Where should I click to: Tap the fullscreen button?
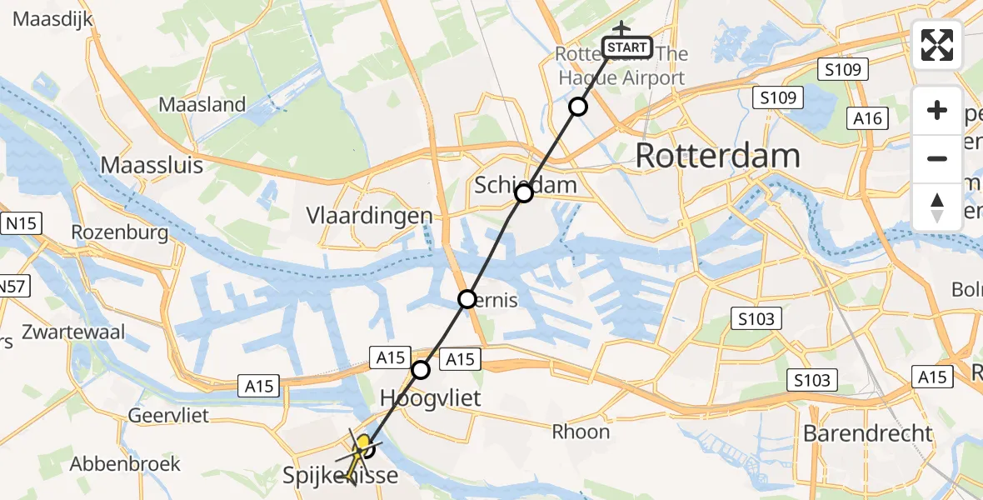[937, 45]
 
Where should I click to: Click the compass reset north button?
[937, 207]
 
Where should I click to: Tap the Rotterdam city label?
[717, 156]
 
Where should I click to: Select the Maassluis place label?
[152, 165]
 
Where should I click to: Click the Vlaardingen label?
[369, 216]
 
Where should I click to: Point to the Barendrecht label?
[868, 433]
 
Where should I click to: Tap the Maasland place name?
[202, 105]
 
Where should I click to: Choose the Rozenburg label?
[121, 232]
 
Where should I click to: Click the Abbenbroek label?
[125, 464]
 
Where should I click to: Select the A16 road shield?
[867, 118]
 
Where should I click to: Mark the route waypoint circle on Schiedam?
[523, 194]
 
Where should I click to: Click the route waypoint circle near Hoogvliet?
[422, 369]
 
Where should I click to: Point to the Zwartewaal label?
[75, 332]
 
